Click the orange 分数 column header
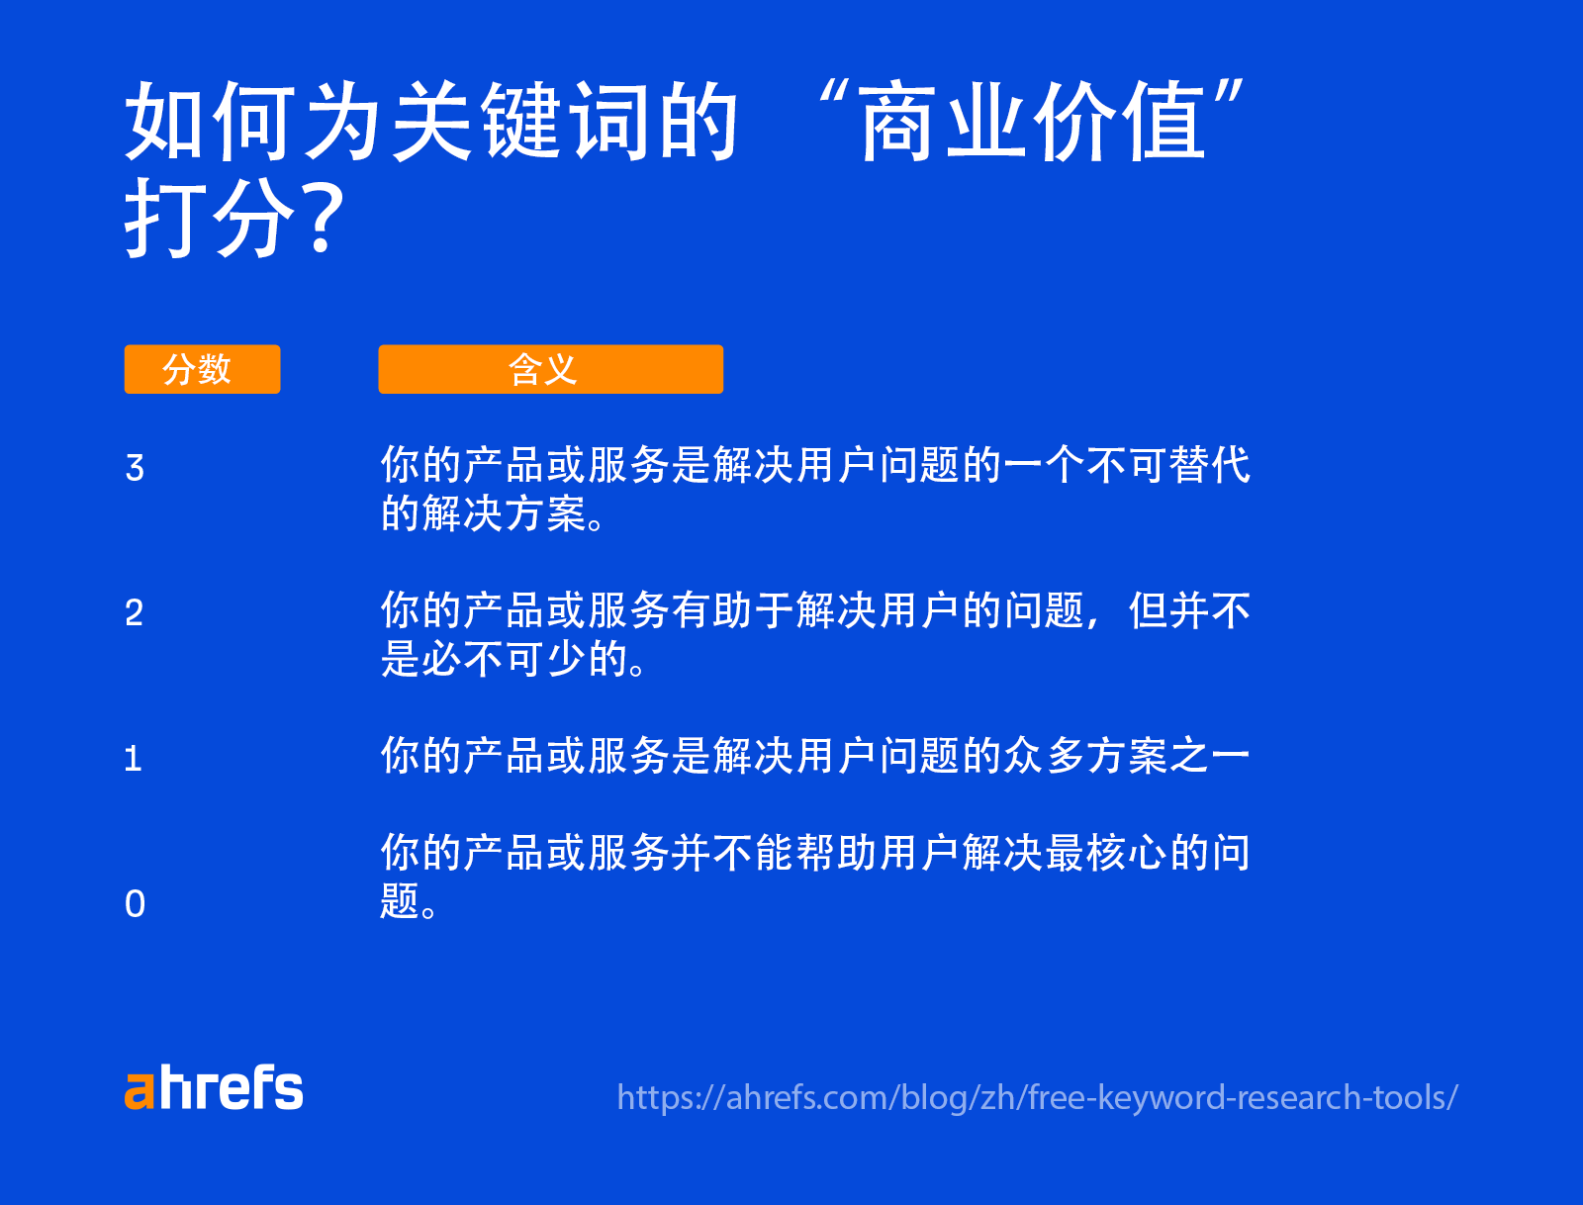[202, 369]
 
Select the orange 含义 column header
[550, 369]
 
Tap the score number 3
[136, 468]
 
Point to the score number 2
[135, 613]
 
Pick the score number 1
[134, 759]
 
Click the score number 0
[136, 903]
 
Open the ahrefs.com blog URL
[1037, 1097]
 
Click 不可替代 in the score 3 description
[1167, 465]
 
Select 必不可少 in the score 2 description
[505, 659]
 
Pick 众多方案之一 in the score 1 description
[1126, 756]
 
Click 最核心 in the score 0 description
[1106, 853]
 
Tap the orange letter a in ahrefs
[140, 1090]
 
